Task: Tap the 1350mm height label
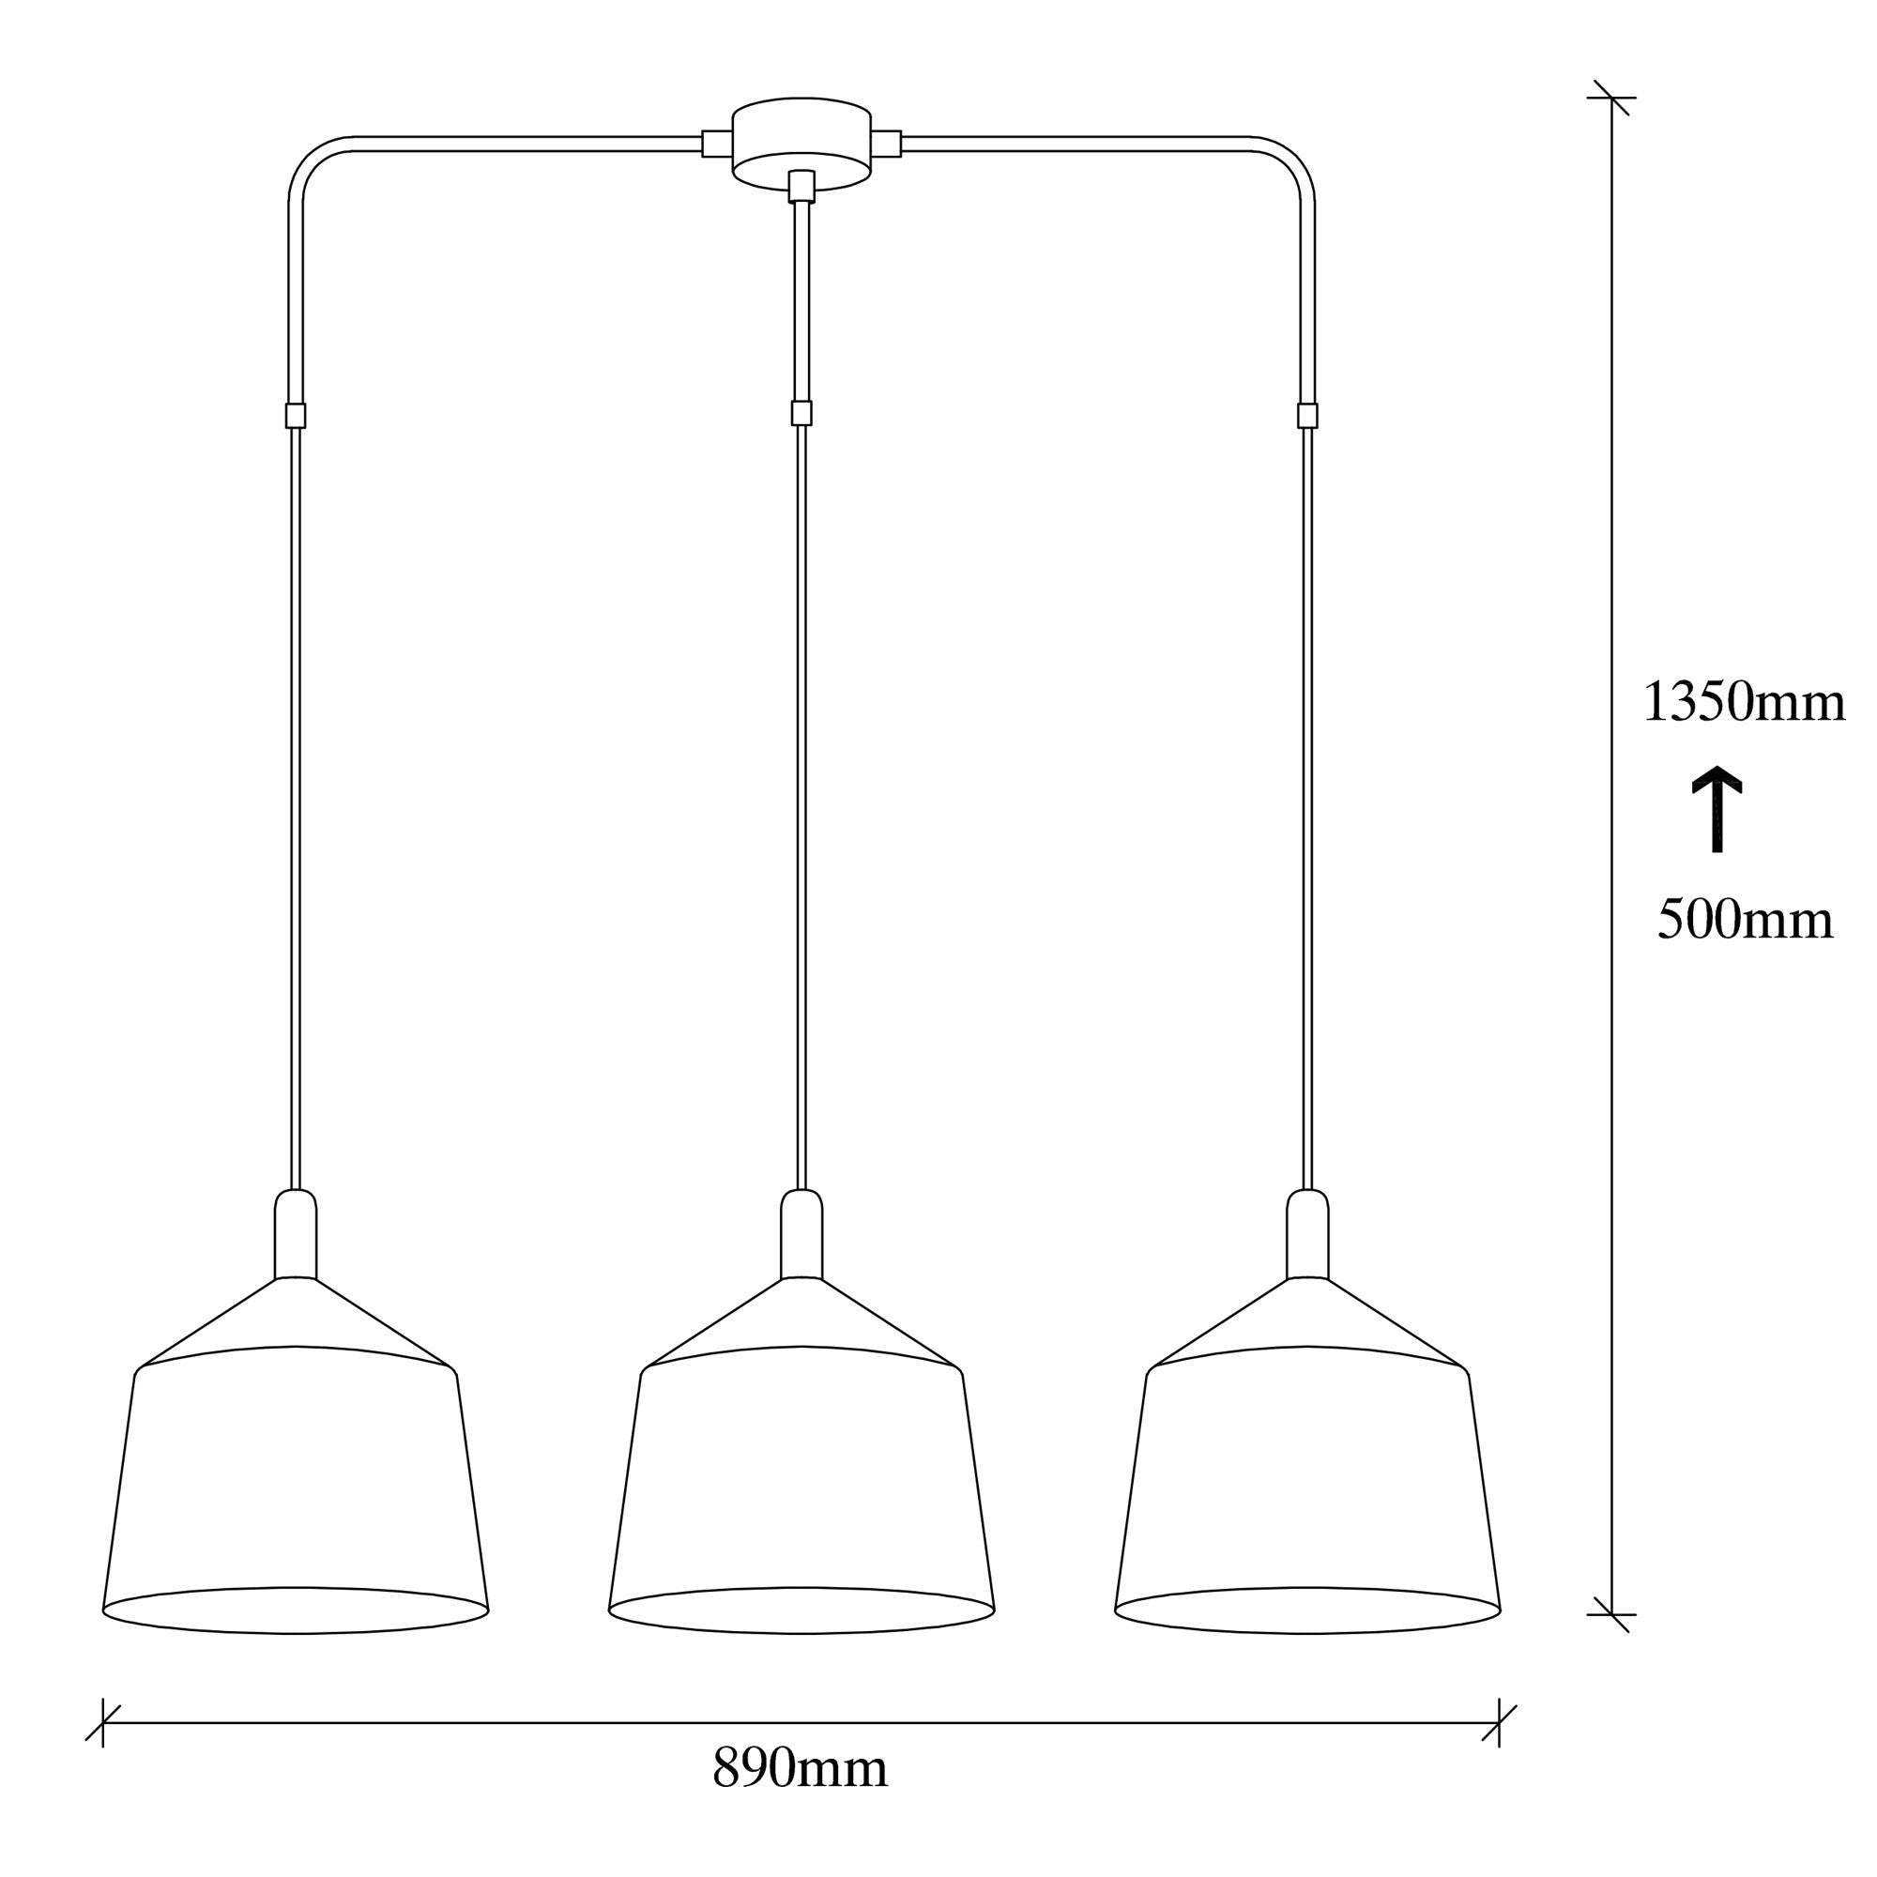[1744, 702]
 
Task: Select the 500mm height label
[1745, 920]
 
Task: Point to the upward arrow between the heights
[1717, 808]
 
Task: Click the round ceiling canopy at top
[801, 141]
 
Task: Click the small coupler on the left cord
[296, 416]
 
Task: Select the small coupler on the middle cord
[801, 414]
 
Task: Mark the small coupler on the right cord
[1307, 416]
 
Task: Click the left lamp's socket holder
[296, 1234]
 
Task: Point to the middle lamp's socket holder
[801, 1234]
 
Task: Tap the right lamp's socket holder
[1307, 1234]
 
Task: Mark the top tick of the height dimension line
[1611, 99]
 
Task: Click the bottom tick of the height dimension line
[1611, 1613]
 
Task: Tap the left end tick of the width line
[103, 1722]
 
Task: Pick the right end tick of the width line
[1499, 1722]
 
